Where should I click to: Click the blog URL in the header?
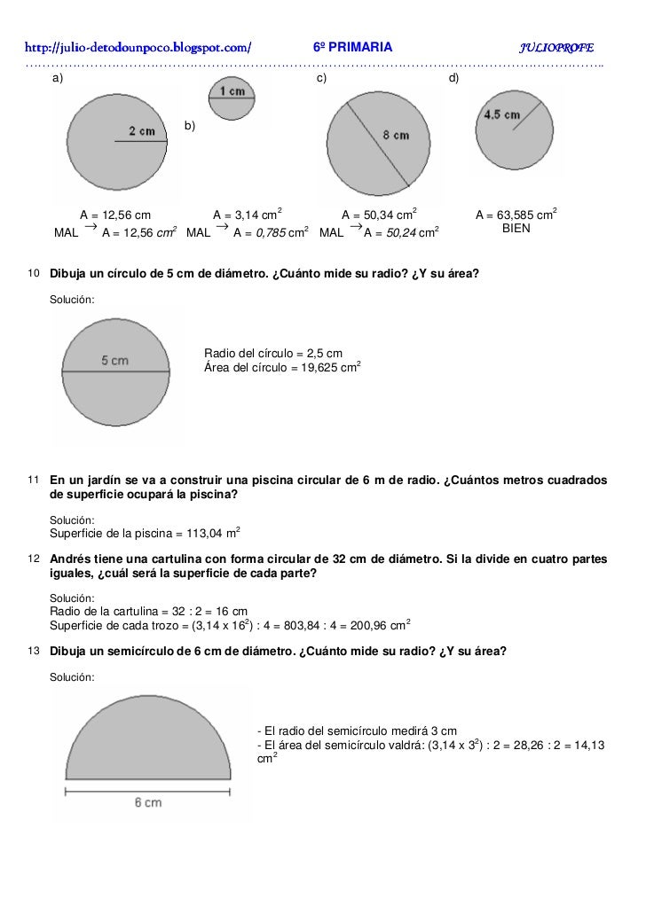[x=138, y=46]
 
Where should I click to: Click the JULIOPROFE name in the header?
[x=556, y=46]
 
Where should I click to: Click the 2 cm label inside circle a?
[x=142, y=131]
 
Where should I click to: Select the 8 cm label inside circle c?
[x=396, y=135]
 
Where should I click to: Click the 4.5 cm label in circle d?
[x=502, y=114]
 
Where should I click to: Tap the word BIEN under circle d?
[x=516, y=228]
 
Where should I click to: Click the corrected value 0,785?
[x=269, y=234]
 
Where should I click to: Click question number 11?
[x=33, y=480]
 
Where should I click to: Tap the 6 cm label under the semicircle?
[x=147, y=802]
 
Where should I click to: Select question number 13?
[x=33, y=651]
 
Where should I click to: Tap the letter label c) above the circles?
[x=322, y=80]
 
